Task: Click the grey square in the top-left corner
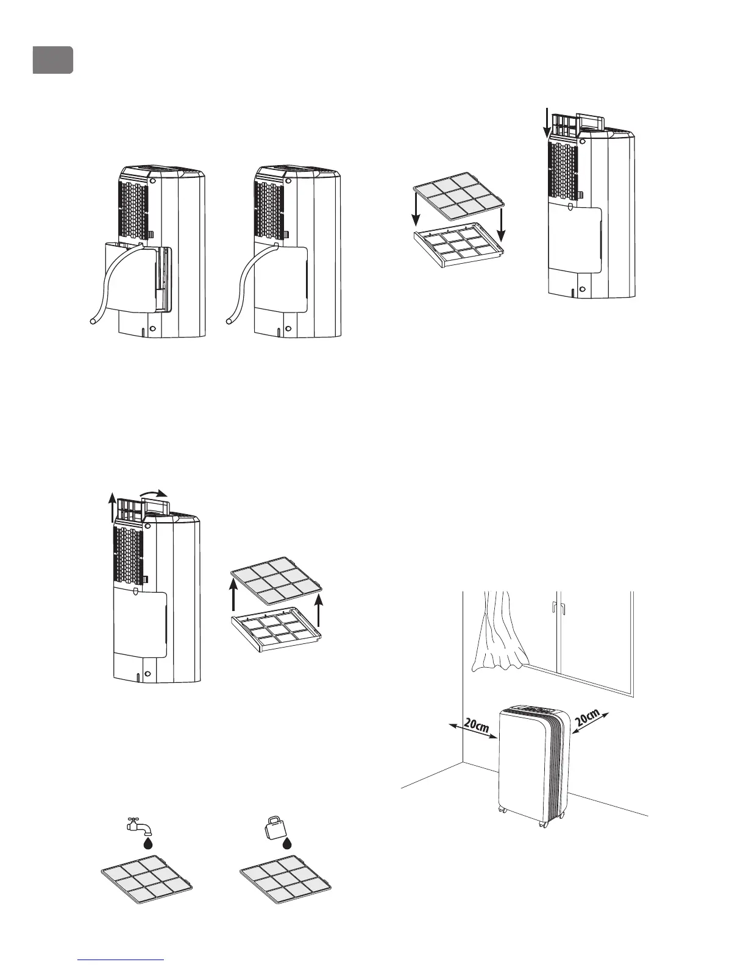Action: [x=53, y=60]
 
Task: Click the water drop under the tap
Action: [x=147, y=843]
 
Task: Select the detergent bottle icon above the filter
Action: [x=274, y=825]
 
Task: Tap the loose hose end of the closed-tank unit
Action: [x=230, y=318]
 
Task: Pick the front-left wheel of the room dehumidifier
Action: [x=502, y=810]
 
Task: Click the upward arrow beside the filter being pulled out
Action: [x=107, y=509]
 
